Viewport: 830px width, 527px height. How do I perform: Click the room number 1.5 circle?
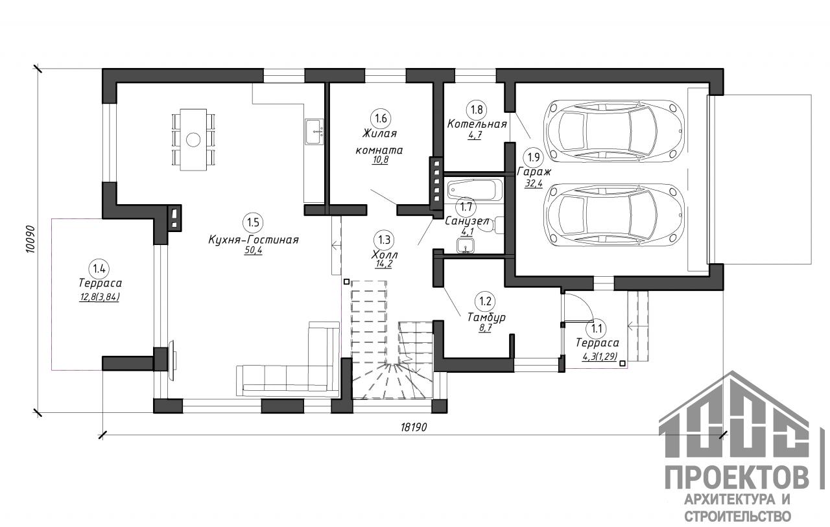point(253,222)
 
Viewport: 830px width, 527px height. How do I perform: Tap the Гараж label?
point(534,172)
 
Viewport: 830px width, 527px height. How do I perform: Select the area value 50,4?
point(253,250)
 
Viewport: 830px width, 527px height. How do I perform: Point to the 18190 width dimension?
point(414,427)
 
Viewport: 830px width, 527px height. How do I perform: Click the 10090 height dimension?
point(30,240)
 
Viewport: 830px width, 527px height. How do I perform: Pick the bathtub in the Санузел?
point(475,189)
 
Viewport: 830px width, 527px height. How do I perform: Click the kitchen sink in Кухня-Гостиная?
point(314,132)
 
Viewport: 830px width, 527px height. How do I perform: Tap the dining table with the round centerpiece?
point(193,139)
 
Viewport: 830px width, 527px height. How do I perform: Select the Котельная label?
point(477,124)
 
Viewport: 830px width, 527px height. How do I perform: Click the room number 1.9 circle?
point(534,158)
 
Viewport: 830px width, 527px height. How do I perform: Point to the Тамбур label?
point(486,318)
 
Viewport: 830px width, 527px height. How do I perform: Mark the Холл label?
point(385,255)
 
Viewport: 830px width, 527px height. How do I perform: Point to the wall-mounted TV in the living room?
point(172,360)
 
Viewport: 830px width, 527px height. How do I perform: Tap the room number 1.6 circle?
point(381,118)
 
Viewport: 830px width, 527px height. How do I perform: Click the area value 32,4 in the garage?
point(533,183)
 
